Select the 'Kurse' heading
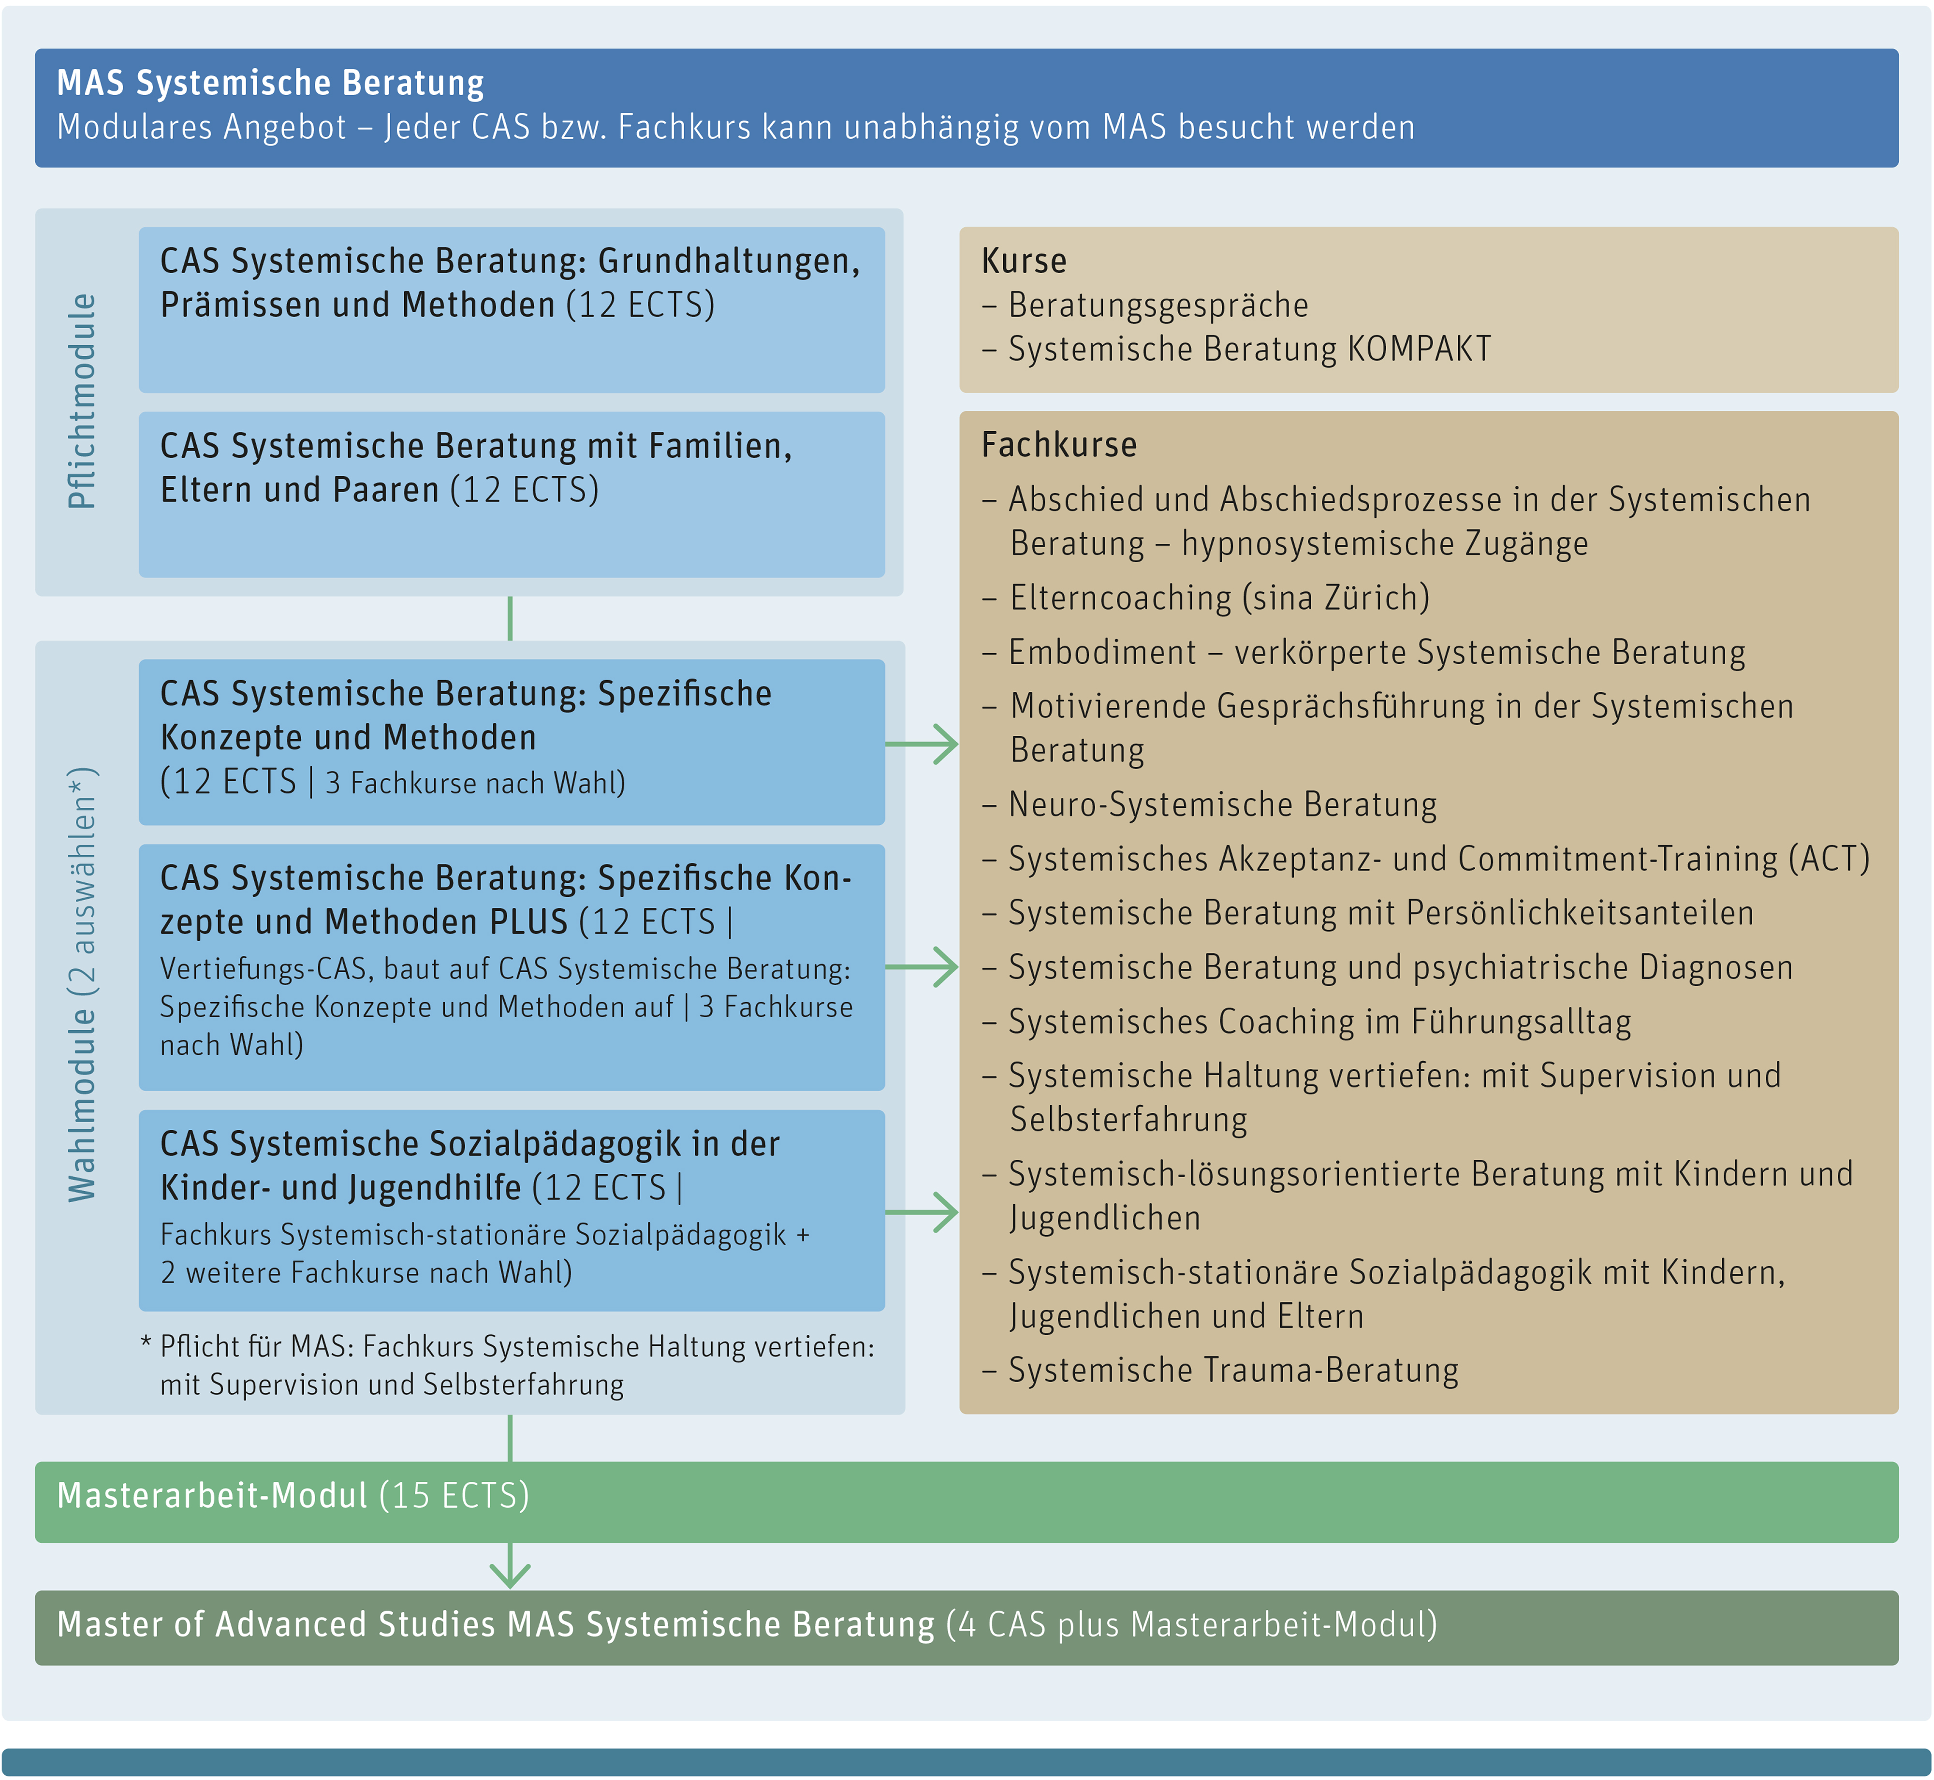pos(1024,261)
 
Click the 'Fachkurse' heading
pos(1058,445)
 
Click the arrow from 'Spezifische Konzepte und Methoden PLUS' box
pos(922,967)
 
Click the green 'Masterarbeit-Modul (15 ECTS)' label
pos(293,1496)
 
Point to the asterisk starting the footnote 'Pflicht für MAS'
pos(147,1342)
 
